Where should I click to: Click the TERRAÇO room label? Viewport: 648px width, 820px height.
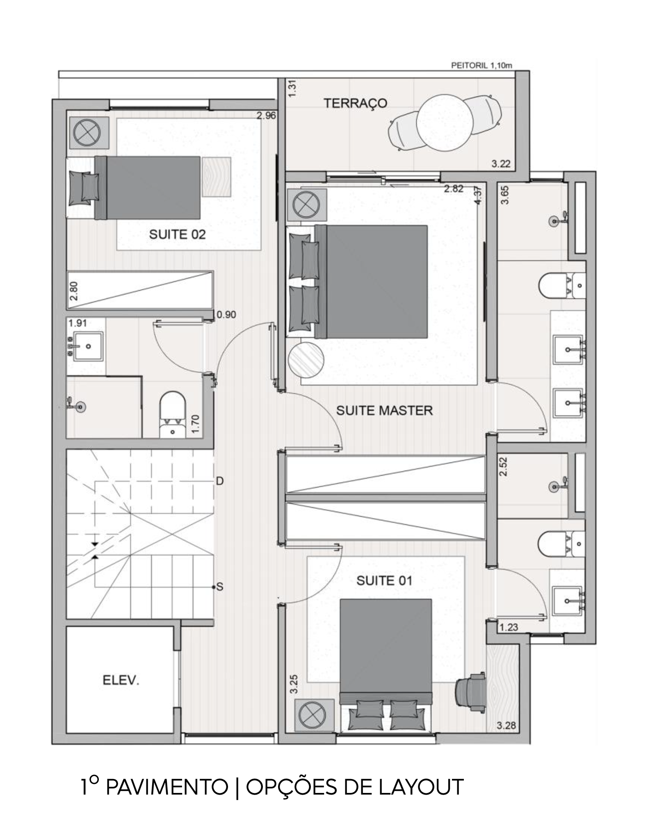355,103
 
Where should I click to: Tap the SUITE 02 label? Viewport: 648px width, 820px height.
177,235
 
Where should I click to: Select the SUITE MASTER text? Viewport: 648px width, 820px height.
384,410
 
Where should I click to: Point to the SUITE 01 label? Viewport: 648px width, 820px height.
384,581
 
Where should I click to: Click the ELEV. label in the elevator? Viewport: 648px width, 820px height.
121,681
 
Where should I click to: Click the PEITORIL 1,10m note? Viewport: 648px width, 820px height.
481,65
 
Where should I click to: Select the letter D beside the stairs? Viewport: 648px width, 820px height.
220,481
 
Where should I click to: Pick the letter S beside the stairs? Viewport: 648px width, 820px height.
220,587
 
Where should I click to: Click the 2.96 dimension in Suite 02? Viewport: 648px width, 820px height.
267,116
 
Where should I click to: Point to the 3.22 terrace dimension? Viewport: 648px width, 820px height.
501,164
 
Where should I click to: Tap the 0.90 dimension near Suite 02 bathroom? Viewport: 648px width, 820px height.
226,314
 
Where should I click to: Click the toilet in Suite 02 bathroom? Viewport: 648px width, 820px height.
172,415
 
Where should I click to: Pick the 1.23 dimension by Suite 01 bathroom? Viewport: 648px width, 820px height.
509,627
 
